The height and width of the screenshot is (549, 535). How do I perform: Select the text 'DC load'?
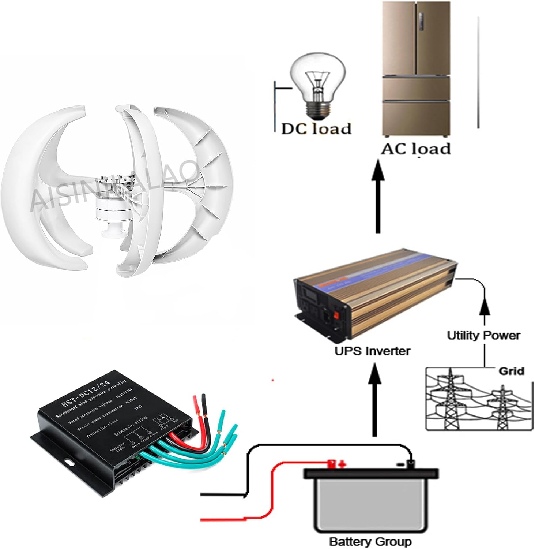316,128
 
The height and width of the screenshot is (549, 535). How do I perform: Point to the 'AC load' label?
416,149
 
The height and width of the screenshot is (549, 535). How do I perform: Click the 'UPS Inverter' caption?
372,351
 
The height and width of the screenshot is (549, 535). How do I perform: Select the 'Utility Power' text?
483,335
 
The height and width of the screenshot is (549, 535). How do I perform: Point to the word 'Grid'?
511,371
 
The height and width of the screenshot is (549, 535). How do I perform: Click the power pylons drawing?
475,403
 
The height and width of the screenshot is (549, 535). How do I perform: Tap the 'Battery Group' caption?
370,541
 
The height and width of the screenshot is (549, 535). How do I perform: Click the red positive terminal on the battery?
332,464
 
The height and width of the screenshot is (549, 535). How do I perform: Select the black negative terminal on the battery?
411,464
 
